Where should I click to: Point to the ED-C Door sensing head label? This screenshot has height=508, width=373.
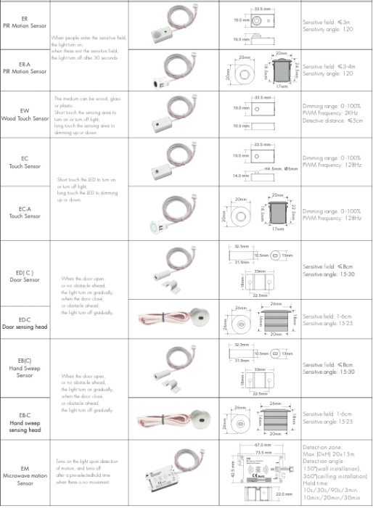[25, 324]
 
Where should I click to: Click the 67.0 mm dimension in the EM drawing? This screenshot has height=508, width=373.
[263, 444]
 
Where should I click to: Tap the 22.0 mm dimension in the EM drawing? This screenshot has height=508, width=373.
[284, 495]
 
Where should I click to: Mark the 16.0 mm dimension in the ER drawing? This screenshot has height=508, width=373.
[242, 39]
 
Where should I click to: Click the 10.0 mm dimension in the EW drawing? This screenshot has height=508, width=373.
[242, 126]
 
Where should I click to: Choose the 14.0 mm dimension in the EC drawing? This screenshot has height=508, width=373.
[242, 176]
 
